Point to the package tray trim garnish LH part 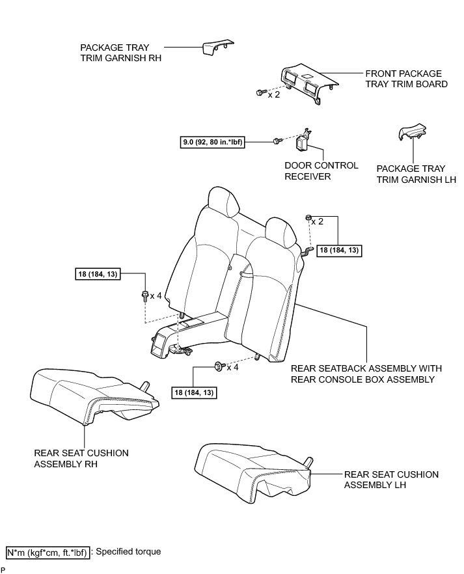tap(409, 134)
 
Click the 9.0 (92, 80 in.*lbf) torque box tap(213, 141)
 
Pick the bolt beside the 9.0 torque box tap(277, 141)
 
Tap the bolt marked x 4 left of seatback tap(144, 296)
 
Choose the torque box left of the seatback tap(98, 275)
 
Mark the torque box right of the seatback tap(338, 250)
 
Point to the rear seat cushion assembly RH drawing tap(91, 394)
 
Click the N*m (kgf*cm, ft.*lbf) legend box tap(46, 551)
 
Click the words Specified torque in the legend tap(128, 551)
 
